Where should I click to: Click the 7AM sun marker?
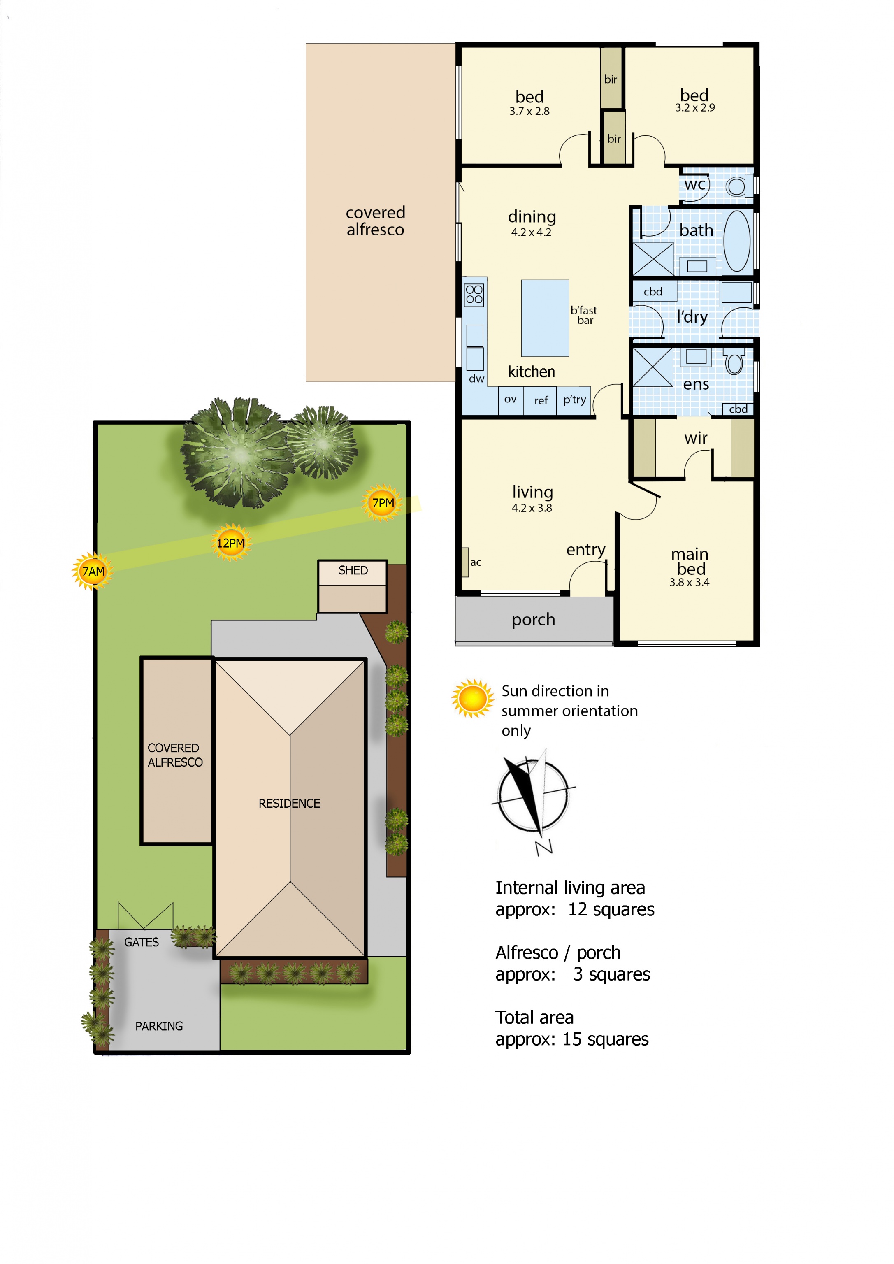point(93,571)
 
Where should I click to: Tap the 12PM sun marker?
point(231,543)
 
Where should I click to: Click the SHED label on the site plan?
point(353,570)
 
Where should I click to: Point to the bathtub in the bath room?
point(736,241)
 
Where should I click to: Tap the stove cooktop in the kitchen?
point(474,295)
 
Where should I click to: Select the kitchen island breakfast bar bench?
point(545,318)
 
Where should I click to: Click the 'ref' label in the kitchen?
point(541,401)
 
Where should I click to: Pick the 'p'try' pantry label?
point(574,400)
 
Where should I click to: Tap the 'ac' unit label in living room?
point(476,562)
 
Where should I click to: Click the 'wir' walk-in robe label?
point(696,438)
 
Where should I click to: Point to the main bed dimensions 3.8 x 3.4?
point(689,583)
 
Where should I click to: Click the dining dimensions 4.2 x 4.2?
point(531,232)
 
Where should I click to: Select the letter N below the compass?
point(544,847)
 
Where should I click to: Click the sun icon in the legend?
point(472,699)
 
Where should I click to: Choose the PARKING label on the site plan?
point(159,1026)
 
